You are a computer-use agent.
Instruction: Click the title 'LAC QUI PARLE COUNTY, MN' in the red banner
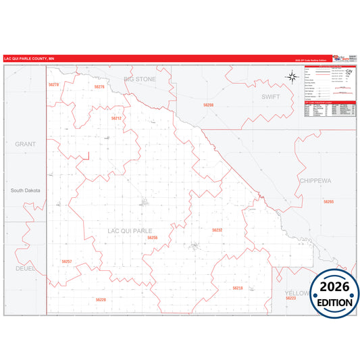tap(30, 59)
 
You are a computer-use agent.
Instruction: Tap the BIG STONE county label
tap(140, 80)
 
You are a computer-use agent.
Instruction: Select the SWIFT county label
tap(269, 97)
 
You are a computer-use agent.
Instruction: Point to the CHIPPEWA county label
tap(314, 181)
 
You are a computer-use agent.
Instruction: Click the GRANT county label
tap(25, 145)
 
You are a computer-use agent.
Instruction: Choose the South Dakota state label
tap(26, 190)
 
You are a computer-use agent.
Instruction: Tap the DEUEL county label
tap(25, 268)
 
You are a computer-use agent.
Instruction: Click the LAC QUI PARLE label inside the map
tap(130, 231)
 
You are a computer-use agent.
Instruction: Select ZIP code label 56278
tap(54, 84)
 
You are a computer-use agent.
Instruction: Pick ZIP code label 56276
tap(99, 87)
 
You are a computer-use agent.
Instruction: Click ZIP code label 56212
tap(116, 118)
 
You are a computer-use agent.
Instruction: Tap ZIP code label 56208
tap(208, 105)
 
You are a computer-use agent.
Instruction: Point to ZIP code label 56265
tap(328, 201)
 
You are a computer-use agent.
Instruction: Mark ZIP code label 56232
tap(217, 230)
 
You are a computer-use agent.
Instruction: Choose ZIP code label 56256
tap(153, 238)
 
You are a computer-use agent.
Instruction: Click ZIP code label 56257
tap(66, 261)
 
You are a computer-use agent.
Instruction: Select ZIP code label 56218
tap(237, 288)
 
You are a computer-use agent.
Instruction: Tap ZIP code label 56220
tap(101, 299)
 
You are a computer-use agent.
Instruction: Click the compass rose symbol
tap(292, 76)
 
